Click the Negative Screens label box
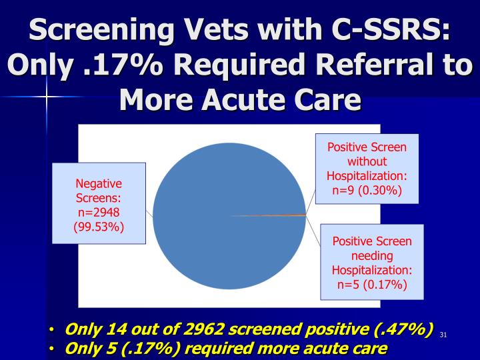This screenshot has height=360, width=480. click(99, 203)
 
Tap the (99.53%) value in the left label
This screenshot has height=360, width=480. click(99, 227)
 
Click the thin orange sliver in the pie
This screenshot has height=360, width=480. click(280, 215)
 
